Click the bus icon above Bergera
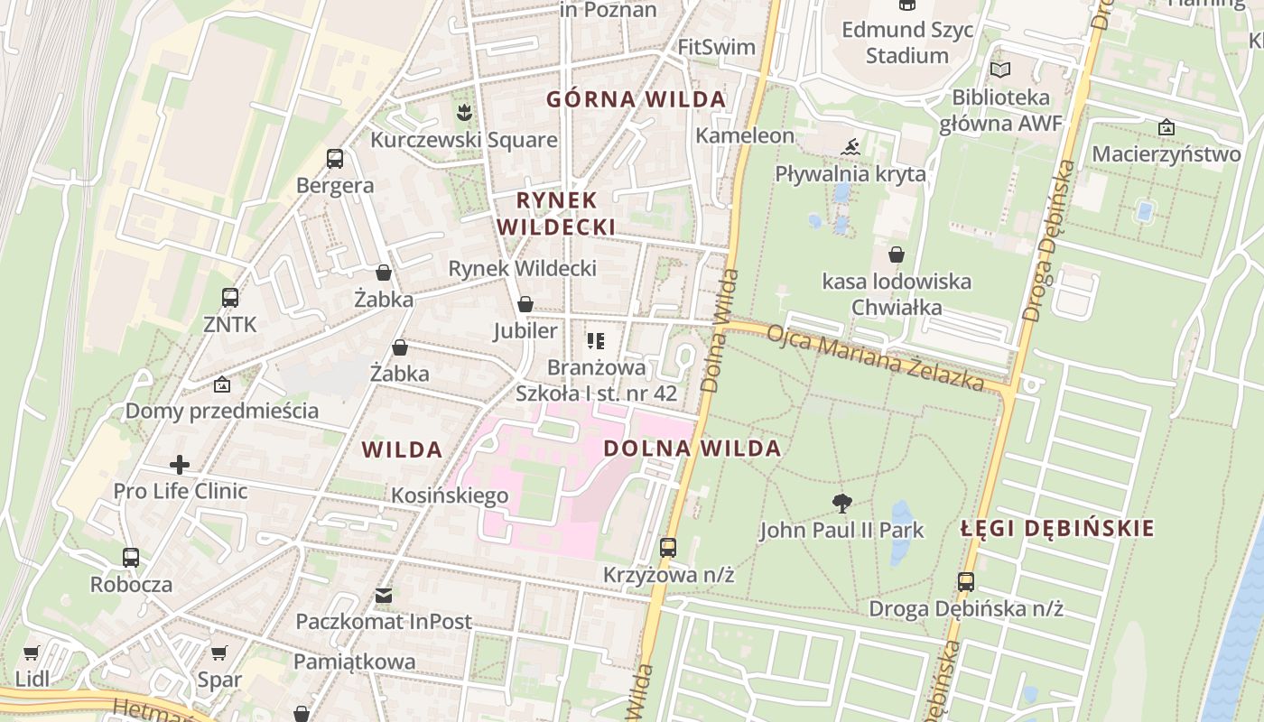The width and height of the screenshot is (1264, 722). click(335, 160)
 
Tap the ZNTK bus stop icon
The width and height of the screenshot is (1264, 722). click(230, 298)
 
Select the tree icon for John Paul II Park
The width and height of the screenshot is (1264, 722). click(842, 504)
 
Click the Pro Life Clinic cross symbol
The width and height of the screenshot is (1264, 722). click(180, 465)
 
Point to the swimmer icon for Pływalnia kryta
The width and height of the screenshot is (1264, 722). click(850, 147)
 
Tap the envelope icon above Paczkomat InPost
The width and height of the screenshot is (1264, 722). click(384, 596)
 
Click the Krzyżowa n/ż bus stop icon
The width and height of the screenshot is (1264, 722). click(668, 548)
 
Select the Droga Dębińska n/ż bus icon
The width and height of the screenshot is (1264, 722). click(966, 582)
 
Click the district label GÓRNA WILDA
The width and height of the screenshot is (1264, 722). click(636, 99)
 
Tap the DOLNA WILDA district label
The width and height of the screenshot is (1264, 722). click(692, 449)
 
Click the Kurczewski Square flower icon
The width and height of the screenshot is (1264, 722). click(464, 113)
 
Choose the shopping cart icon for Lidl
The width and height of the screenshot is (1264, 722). click(32, 653)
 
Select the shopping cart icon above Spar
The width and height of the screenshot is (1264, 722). click(219, 653)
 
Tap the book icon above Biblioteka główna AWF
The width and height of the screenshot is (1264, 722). click(1000, 69)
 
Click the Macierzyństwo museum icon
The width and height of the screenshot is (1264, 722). click(1166, 127)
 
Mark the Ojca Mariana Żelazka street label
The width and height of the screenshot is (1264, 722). click(874, 358)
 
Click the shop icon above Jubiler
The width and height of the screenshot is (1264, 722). click(525, 304)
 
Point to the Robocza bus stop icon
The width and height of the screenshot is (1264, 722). click(131, 558)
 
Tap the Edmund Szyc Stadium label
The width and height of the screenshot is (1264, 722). click(907, 42)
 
